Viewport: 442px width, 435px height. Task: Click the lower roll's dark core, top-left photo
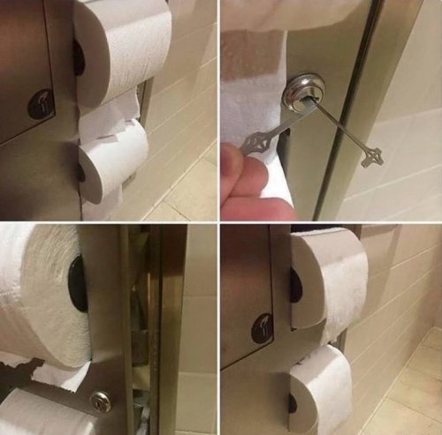(81, 172)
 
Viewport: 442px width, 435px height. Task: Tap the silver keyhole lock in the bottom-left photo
(99, 401)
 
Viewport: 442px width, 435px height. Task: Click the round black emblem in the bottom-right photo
(263, 328)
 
